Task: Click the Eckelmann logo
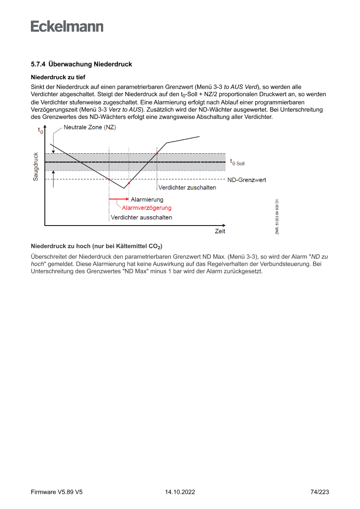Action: click(x=67, y=26)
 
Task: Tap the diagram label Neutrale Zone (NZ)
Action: click(x=90, y=127)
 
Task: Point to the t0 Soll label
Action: click(x=237, y=162)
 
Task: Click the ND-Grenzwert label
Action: click(x=246, y=180)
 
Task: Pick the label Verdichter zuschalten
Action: click(x=187, y=188)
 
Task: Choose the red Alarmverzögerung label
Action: click(x=147, y=208)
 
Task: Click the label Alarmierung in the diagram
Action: click(x=147, y=199)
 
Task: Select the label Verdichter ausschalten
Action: click(x=141, y=217)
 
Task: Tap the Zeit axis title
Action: click(x=220, y=231)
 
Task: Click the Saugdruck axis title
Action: click(x=36, y=166)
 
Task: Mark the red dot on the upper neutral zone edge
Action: click(x=157, y=154)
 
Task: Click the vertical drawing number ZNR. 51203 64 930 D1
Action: click(x=277, y=217)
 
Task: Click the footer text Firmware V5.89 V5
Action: click(x=57, y=492)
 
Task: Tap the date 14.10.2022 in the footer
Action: click(x=180, y=492)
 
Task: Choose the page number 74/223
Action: click(x=320, y=492)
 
